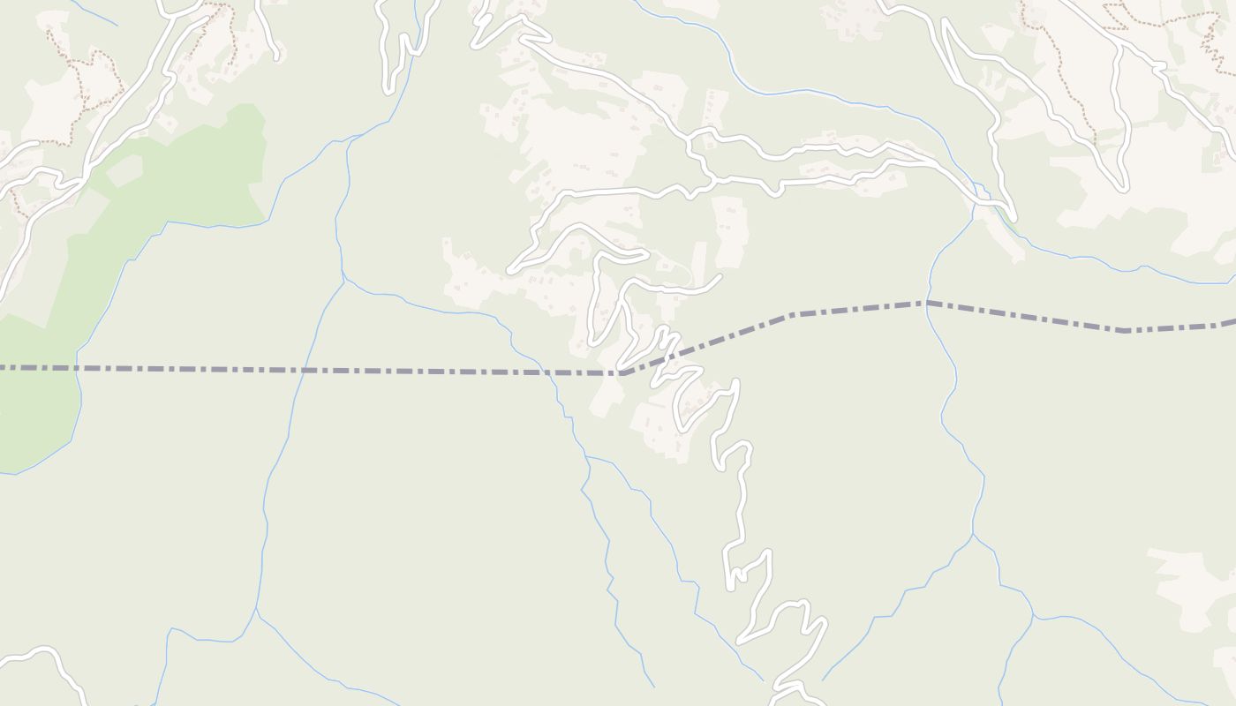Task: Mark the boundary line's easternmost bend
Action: coord(1123,331)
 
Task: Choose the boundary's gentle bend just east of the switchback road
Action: coord(790,314)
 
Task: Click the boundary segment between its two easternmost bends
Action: coord(1024,317)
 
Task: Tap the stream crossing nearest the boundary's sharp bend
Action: coord(551,372)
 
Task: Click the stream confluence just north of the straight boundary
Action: coord(343,280)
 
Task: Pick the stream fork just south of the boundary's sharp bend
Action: coord(586,456)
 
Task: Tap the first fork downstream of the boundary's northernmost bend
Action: coord(973,534)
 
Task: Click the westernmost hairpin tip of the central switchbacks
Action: coord(510,268)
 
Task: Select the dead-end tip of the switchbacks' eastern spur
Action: coord(719,277)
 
